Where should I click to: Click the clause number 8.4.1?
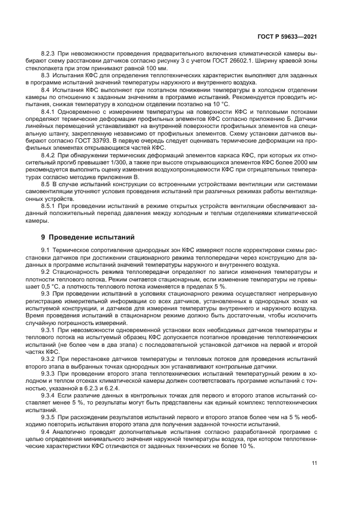point(49,112)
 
